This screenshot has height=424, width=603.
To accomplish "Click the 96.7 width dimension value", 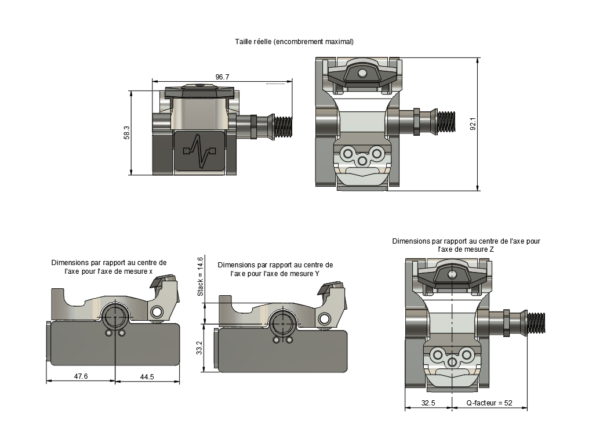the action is tap(222, 77).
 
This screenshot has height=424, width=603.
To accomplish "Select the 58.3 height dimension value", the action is tap(127, 133).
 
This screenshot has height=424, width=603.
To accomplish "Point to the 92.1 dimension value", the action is tap(473, 124).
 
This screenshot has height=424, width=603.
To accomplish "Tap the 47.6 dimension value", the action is tap(81, 376).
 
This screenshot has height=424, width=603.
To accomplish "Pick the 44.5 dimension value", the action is tap(147, 376).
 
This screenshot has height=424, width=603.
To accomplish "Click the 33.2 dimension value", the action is tap(199, 348).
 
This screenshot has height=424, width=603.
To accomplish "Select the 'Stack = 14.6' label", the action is tap(200, 277).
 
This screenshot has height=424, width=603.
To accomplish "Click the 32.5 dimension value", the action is tap(428, 403).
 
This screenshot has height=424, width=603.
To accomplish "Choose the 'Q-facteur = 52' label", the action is tap(489, 403).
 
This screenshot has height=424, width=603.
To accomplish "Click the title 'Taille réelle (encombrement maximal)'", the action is tap(294, 42).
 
